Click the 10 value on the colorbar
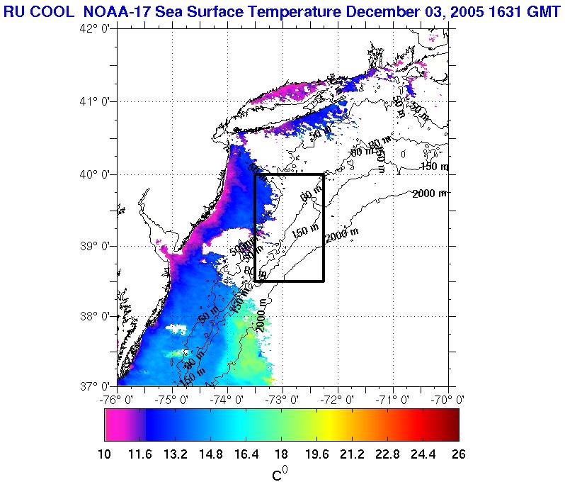click(x=105, y=454)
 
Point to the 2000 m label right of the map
click(x=430, y=193)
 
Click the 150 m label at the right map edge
click(x=433, y=167)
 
